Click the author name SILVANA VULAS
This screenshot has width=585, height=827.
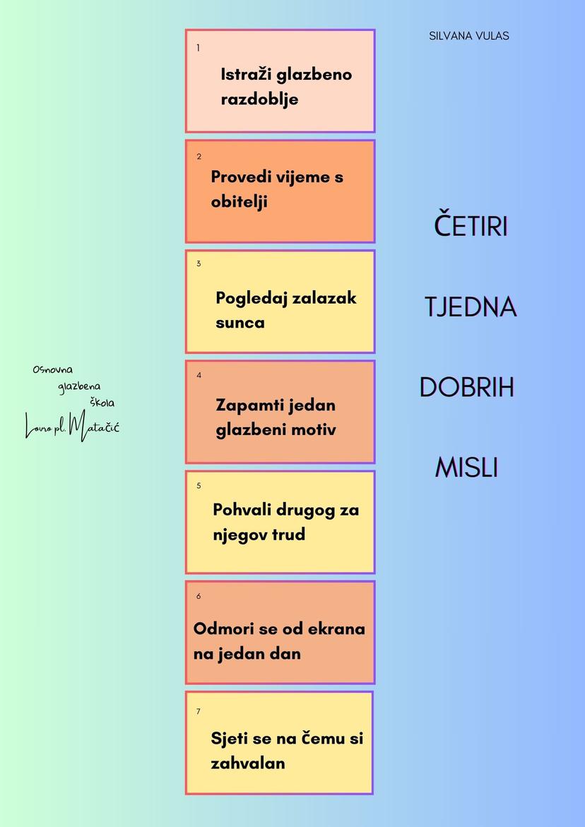click(x=468, y=36)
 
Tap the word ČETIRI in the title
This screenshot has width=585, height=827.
click(x=471, y=226)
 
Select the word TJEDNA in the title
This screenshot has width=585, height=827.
click(x=471, y=307)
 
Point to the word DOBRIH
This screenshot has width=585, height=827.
click(x=466, y=387)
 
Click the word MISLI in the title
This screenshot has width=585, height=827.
click(x=466, y=468)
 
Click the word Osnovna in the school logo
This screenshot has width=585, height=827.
click(x=53, y=369)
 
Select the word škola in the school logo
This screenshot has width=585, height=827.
click(x=102, y=403)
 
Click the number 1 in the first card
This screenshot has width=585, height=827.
click(x=199, y=48)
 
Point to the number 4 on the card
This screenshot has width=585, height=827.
click(x=199, y=375)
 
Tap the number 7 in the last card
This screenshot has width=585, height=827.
click(x=199, y=711)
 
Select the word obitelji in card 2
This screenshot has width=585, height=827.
click(x=239, y=201)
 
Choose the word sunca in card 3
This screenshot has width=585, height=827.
click(x=240, y=323)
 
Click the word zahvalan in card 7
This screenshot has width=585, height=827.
click(x=247, y=763)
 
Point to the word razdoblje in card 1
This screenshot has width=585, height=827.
click(x=259, y=99)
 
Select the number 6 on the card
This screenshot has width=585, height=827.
click(x=199, y=596)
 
